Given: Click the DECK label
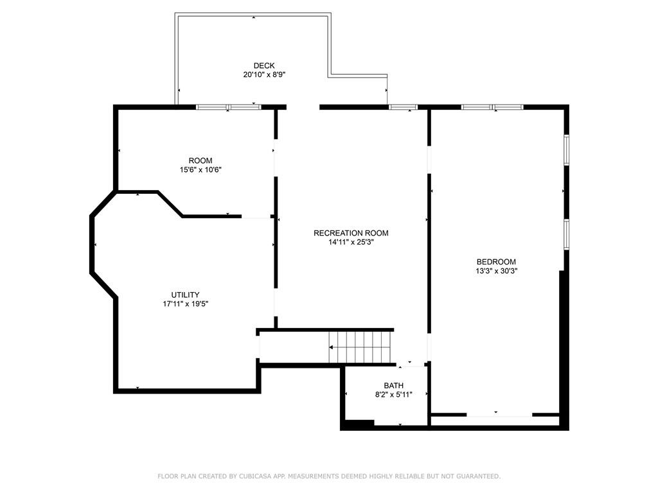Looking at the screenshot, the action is [264, 65].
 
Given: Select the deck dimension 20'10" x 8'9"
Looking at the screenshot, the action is [264, 75].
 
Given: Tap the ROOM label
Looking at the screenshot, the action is [200, 160].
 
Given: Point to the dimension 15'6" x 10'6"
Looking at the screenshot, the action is [200, 169].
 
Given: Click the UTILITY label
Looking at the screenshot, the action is [185, 295].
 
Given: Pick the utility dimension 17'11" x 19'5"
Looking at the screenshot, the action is [186, 304].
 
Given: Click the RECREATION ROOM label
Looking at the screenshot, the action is [351, 233].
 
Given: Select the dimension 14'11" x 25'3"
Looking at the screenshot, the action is [351, 242].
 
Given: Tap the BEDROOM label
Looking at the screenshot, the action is [496, 262].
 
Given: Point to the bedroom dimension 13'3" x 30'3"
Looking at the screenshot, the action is [496, 272].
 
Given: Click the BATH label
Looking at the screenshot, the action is [394, 386].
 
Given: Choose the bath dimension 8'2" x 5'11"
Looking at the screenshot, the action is [394, 395].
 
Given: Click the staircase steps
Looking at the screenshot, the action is [362, 347].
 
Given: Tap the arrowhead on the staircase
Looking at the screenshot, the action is [331, 347].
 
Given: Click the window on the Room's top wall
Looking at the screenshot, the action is [228, 107].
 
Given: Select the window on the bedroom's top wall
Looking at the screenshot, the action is [492, 107].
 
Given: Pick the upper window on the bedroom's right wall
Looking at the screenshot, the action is [566, 149].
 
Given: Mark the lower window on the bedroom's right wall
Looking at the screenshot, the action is [566, 234].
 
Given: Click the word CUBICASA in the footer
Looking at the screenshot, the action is [256, 476].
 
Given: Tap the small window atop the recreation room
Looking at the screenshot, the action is [403, 107].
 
